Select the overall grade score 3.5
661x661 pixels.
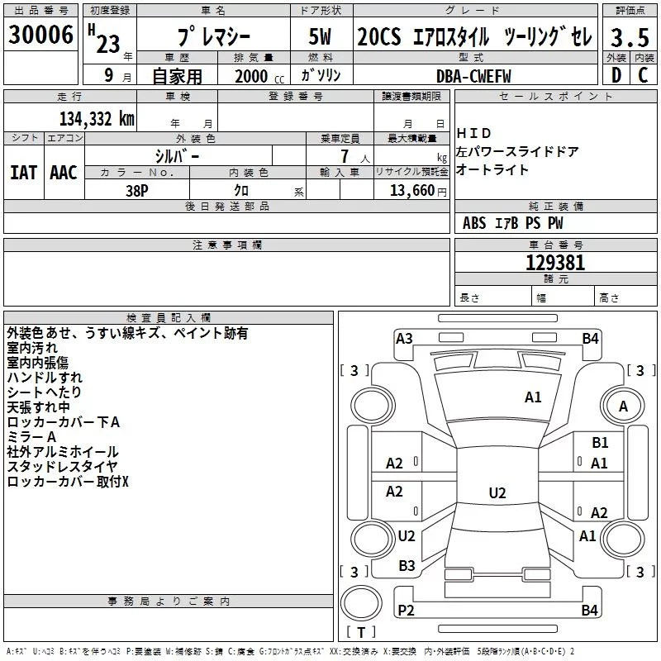(x=630, y=38)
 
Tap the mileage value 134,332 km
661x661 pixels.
(x=97, y=119)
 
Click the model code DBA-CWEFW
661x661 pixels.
(x=473, y=75)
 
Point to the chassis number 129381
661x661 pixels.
(x=555, y=264)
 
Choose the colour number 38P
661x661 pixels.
(x=137, y=190)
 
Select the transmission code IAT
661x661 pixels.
(x=23, y=173)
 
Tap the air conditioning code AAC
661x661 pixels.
(x=63, y=173)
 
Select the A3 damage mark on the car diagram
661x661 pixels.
(x=404, y=338)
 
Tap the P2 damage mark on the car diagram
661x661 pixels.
(x=405, y=611)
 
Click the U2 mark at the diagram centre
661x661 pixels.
(x=497, y=493)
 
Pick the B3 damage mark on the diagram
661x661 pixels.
(x=407, y=566)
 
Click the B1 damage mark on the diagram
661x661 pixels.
(x=600, y=444)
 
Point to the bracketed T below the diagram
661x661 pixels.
(x=361, y=632)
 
